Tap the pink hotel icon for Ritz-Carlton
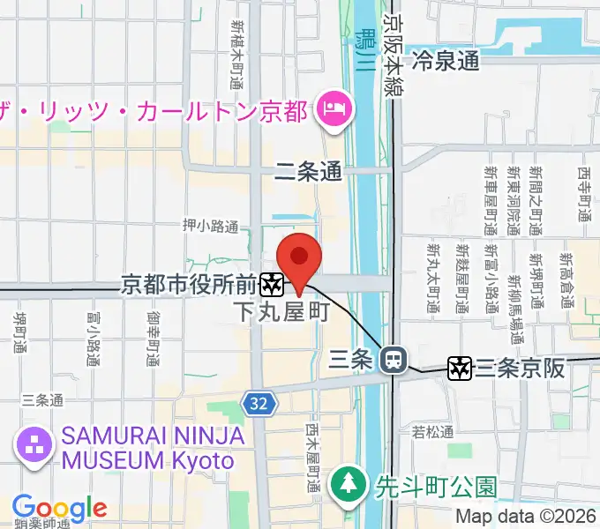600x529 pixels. click(x=335, y=111)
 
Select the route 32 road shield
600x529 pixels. click(x=257, y=404)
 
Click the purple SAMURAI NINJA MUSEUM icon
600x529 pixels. click(x=34, y=443)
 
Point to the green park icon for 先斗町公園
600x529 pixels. click(x=347, y=484)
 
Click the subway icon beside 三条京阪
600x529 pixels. click(x=461, y=368)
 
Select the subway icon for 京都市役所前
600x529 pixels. click(x=272, y=284)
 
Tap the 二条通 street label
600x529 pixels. click(x=308, y=173)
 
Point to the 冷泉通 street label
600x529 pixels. click(x=446, y=62)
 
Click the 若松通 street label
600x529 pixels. click(x=432, y=432)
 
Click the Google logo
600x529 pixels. click(x=59, y=508)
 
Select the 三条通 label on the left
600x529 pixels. click(x=42, y=400)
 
